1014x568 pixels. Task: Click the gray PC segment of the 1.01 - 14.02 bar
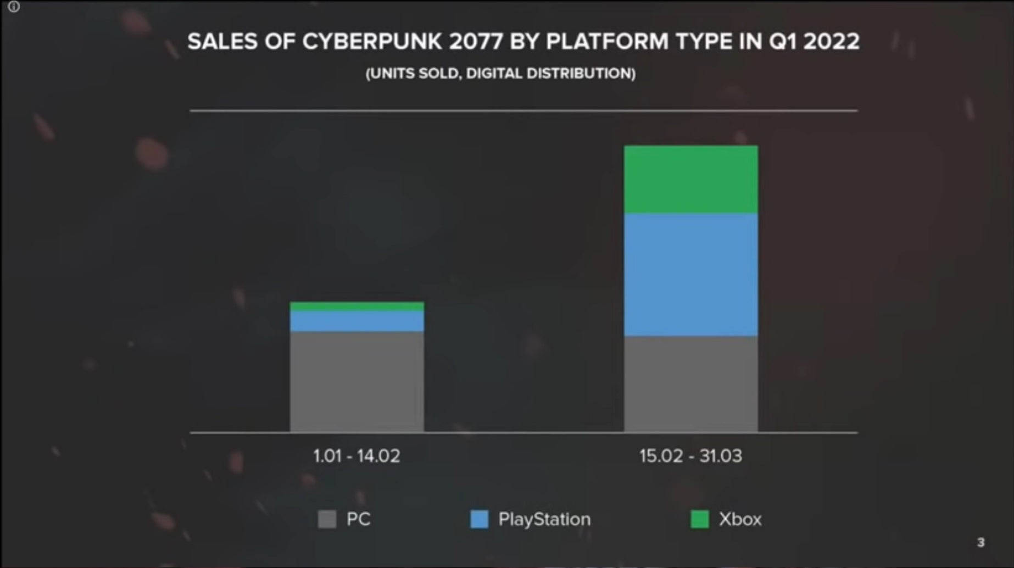[357, 382]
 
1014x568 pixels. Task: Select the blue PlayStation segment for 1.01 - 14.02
[357, 321]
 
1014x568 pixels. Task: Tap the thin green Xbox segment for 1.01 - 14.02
[357, 306]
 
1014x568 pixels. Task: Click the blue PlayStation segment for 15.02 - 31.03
[691, 275]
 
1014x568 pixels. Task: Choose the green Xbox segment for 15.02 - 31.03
[691, 180]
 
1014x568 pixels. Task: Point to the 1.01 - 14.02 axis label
[356, 456]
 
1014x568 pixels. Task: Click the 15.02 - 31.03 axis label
[690, 456]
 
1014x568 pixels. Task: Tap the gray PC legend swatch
[327, 519]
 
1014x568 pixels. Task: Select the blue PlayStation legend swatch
[480, 519]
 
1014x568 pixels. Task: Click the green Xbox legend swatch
[699, 519]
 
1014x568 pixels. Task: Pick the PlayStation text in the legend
[544, 519]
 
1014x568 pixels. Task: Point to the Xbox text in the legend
[740, 519]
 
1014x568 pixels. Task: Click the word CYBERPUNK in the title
[372, 42]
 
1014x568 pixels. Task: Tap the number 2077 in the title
[476, 42]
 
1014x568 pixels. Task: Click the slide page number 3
[980, 543]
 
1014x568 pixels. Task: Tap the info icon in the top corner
[14, 7]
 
